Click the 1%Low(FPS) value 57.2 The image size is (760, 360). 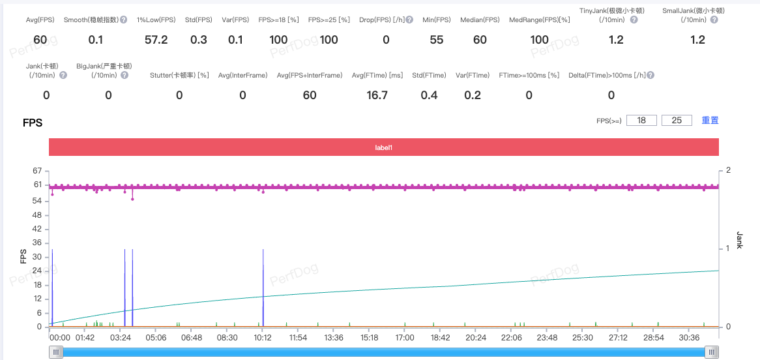156,40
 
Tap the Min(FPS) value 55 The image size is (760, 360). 437,40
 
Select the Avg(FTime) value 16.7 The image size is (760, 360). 378,96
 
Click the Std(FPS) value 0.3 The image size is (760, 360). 199,40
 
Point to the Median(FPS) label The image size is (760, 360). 480,20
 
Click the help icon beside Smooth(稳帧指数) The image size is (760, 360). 124,20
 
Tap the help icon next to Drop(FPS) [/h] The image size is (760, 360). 409,20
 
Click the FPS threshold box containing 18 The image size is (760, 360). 641,121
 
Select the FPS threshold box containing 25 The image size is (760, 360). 677,121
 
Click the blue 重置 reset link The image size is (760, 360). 710,121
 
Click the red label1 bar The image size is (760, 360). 383,147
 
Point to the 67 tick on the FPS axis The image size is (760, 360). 37,171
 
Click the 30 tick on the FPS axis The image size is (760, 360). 37,256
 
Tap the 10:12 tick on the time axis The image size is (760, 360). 263,338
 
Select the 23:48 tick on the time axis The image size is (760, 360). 547,338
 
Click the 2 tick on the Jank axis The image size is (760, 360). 728,171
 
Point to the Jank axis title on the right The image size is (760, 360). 740,239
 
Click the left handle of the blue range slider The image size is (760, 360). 56,352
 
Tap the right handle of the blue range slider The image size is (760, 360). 712,352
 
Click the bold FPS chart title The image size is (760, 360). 33,123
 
